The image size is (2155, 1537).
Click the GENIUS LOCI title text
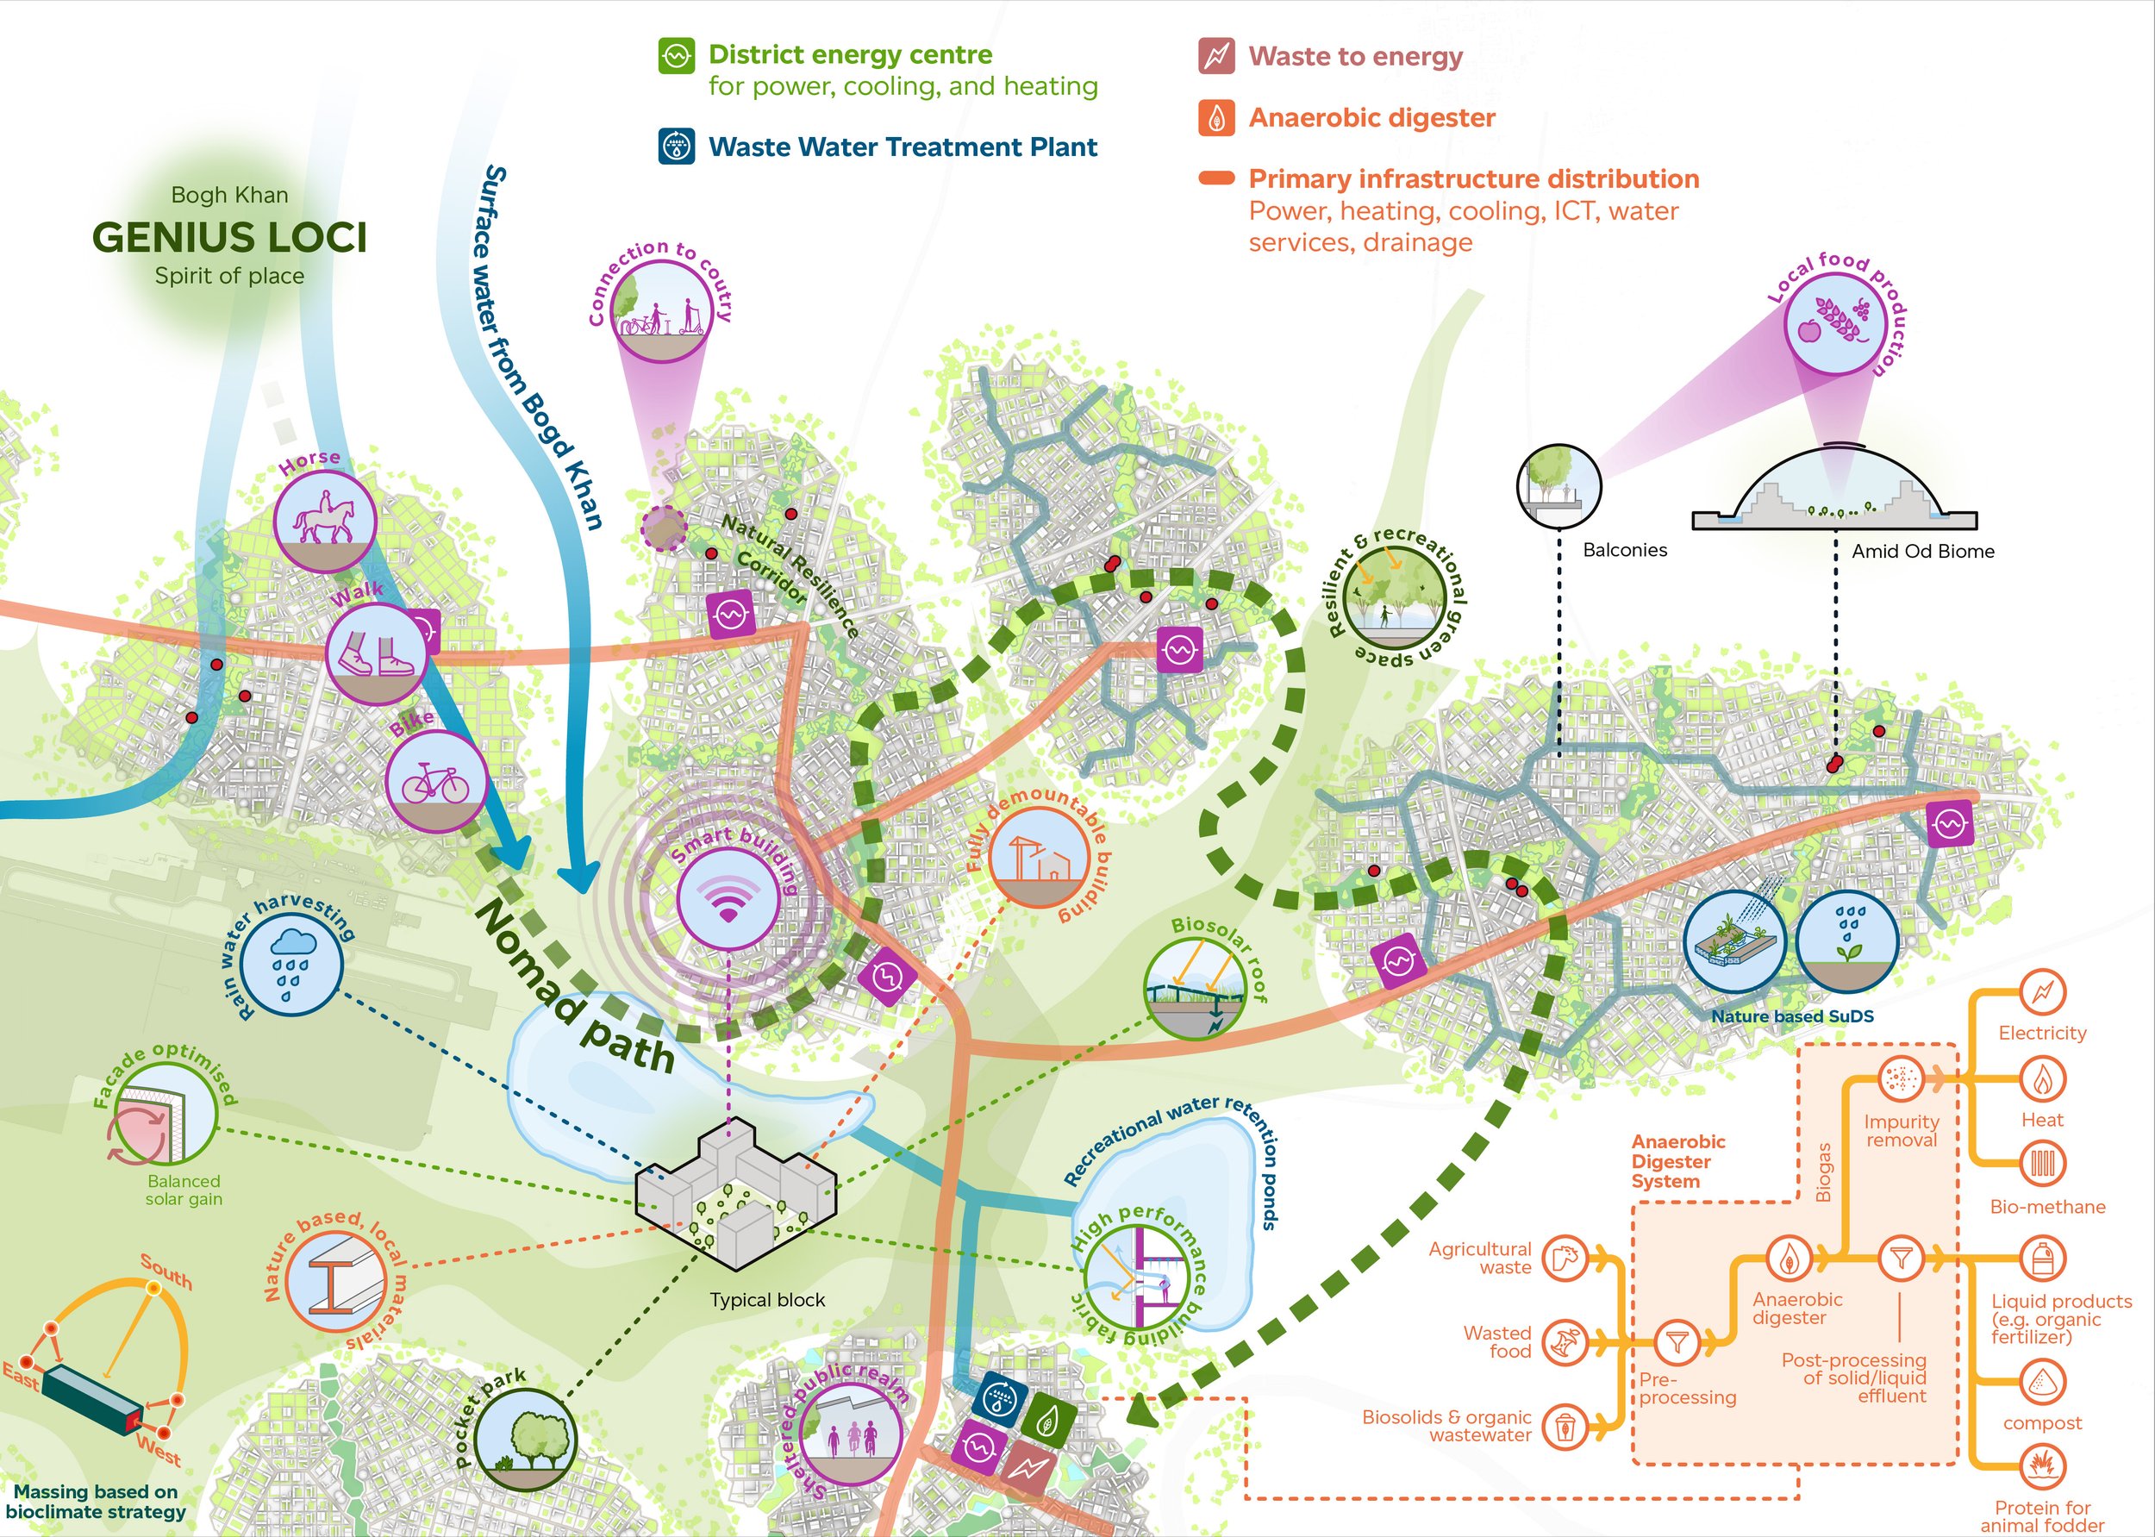[x=230, y=238]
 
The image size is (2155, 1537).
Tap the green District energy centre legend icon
[x=677, y=56]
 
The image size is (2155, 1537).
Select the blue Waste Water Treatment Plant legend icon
[x=677, y=147]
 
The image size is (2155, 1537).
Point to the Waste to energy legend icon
[x=1216, y=56]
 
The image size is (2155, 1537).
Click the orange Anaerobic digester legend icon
[x=1216, y=118]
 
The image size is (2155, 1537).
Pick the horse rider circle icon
[x=325, y=522]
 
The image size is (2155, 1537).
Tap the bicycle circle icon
[x=436, y=783]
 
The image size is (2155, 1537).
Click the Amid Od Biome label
[x=1922, y=552]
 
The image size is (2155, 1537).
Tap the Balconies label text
[x=1625, y=550]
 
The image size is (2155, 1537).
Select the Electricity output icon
[x=2042, y=993]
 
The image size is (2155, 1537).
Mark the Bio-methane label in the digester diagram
[x=2047, y=1207]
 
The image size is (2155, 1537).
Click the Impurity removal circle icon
[x=1901, y=1079]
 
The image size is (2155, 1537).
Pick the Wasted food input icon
[x=1565, y=1341]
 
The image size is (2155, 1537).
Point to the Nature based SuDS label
[x=1791, y=1016]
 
